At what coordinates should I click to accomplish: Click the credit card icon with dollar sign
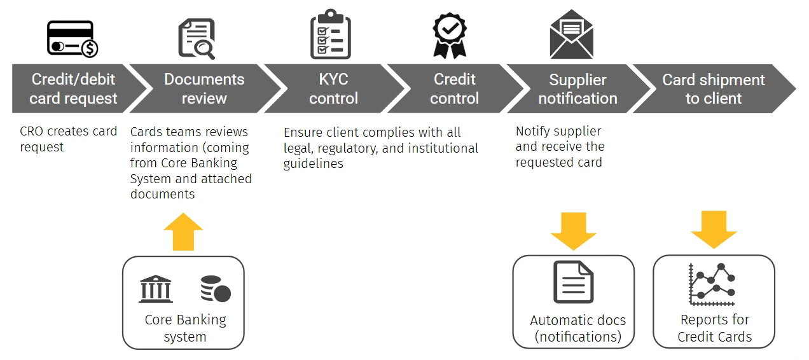tap(73, 39)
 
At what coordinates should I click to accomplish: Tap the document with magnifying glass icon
tap(196, 39)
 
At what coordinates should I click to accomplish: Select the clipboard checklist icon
tap(330, 35)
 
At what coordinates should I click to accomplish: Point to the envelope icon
tap(571, 35)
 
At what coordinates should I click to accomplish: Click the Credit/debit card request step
tap(73, 89)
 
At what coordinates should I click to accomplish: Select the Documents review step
tap(204, 89)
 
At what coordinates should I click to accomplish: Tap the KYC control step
tap(333, 89)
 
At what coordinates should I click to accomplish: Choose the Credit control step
tap(454, 89)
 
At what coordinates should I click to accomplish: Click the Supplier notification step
tap(577, 89)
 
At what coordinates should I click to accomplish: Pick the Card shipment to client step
tap(714, 89)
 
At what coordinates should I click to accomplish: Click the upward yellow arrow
tap(183, 232)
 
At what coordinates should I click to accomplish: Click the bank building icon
tap(156, 289)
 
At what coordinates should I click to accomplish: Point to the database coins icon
tap(215, 289)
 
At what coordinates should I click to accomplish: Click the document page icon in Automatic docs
tap(573, 282)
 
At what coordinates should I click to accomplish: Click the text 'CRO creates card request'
tap(68, 139)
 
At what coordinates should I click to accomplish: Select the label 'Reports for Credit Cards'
tap(714, 328)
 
